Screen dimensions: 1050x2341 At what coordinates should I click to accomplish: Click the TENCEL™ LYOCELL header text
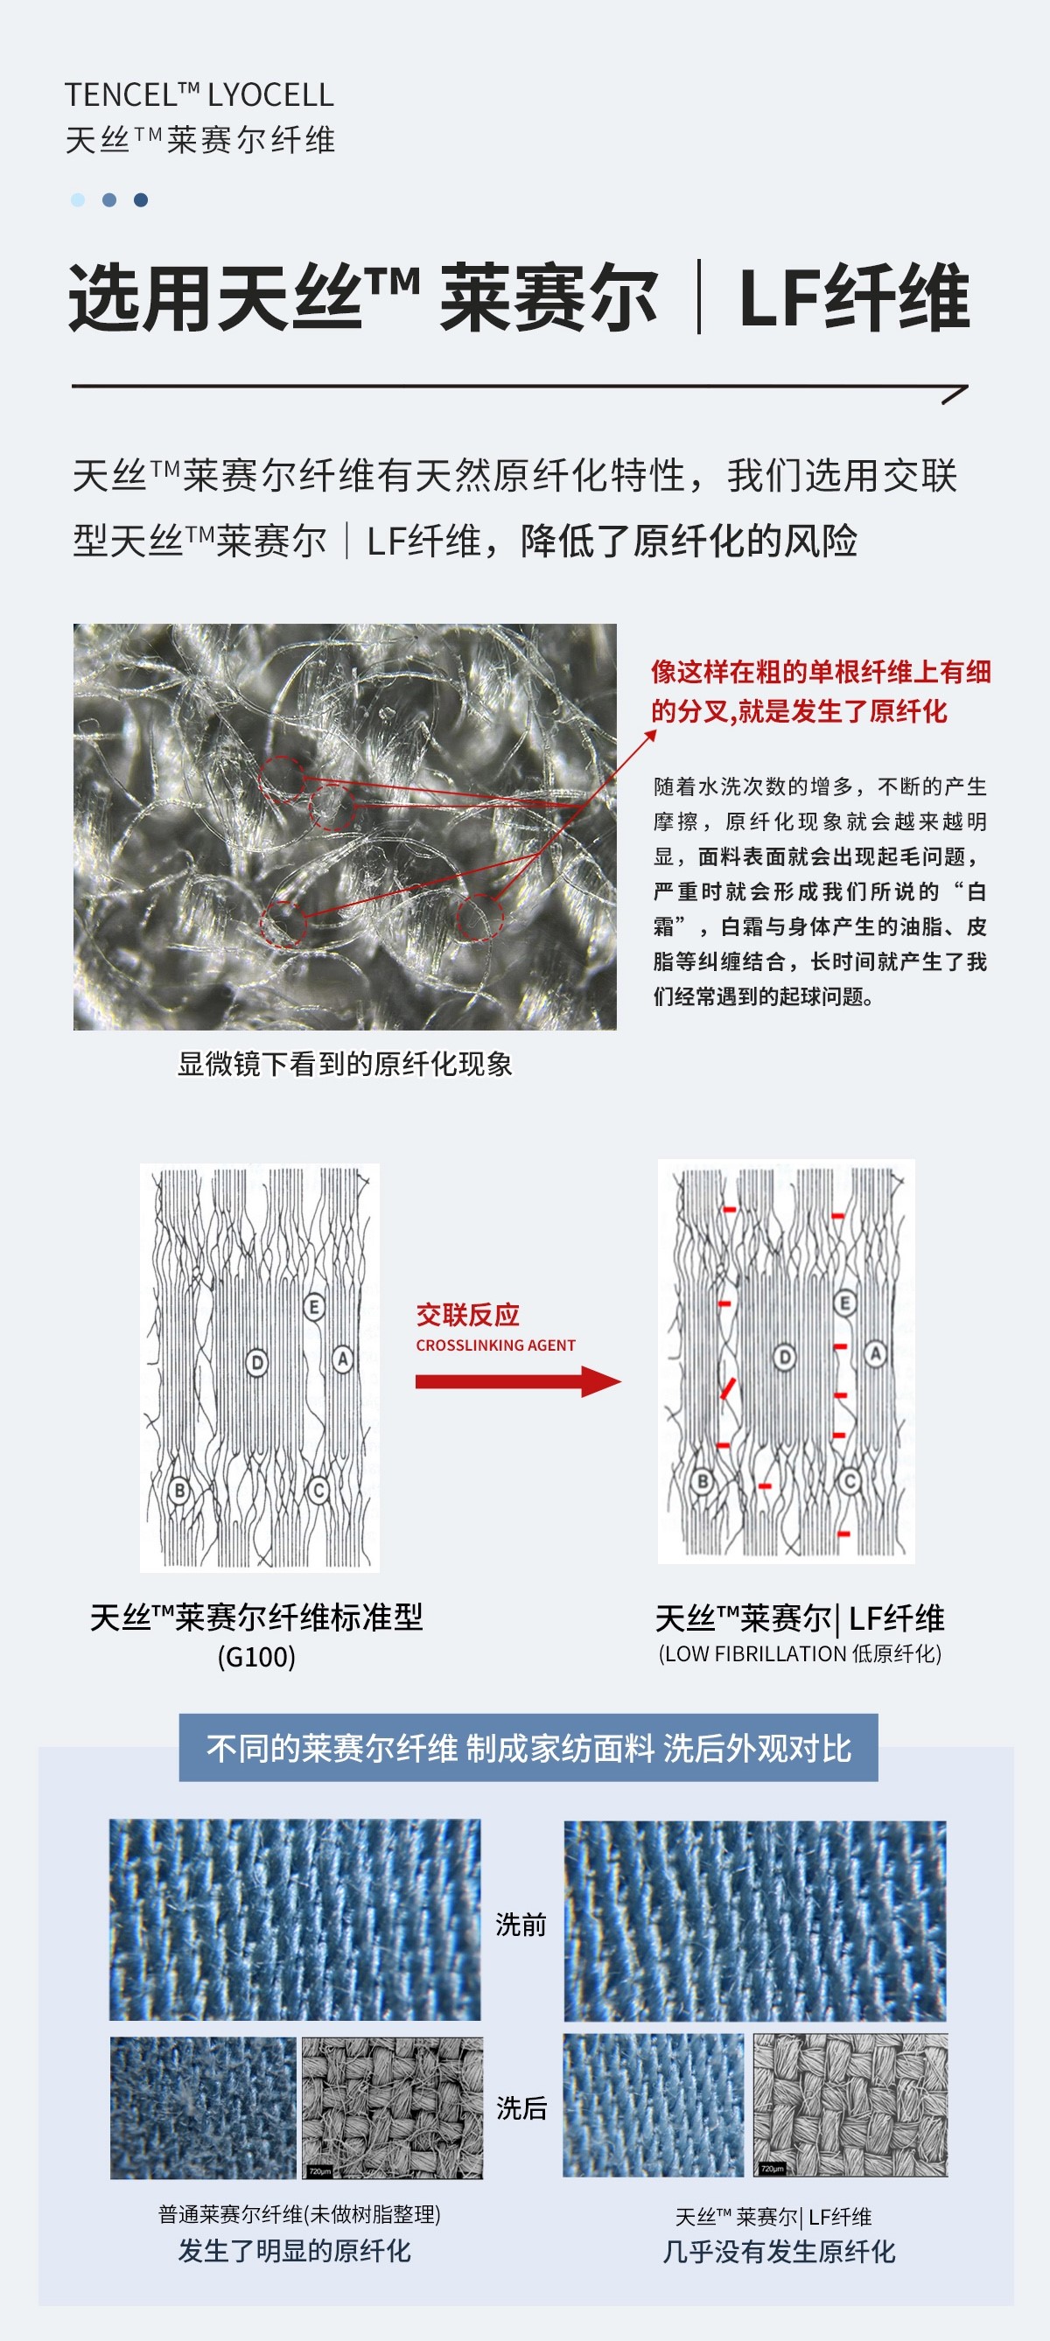tap(199, 94)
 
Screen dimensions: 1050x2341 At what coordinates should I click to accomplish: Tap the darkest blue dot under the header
tap(141, 200)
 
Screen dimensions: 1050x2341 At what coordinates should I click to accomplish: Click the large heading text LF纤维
tap(855, 298)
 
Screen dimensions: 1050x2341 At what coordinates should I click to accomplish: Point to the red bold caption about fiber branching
tap(821, 692)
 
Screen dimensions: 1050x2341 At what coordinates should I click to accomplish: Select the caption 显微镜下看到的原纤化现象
tap(345, 1064)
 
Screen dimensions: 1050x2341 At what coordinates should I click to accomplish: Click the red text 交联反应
tap(467, 1314)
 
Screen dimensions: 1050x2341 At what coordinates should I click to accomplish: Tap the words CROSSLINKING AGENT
tap(495, 1345)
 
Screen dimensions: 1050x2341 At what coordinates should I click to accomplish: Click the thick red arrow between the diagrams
tap(518, 1381)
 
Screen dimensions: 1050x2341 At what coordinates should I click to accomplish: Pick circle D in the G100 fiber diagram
tap(257, 1362)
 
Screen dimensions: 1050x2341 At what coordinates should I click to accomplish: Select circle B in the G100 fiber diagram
tap(180, 1491)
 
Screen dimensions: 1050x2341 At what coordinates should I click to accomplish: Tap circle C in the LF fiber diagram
tap(850, 1482)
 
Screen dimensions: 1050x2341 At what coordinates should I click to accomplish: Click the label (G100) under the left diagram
tap(256, 1657)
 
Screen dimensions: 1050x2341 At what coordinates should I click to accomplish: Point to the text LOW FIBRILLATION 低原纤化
tap(800, 1653)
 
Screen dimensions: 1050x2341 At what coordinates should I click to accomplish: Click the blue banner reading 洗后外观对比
tap(528, 1748)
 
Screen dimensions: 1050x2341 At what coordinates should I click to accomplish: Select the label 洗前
tap(521, 1924)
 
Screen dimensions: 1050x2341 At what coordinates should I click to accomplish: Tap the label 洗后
tap(521, 2107)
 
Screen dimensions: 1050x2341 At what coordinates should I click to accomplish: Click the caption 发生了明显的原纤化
tap(295, 2251)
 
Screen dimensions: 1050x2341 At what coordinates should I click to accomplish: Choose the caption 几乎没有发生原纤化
tap(779, 2251)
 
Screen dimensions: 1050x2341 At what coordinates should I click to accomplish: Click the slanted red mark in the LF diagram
tap(727, 1388)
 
